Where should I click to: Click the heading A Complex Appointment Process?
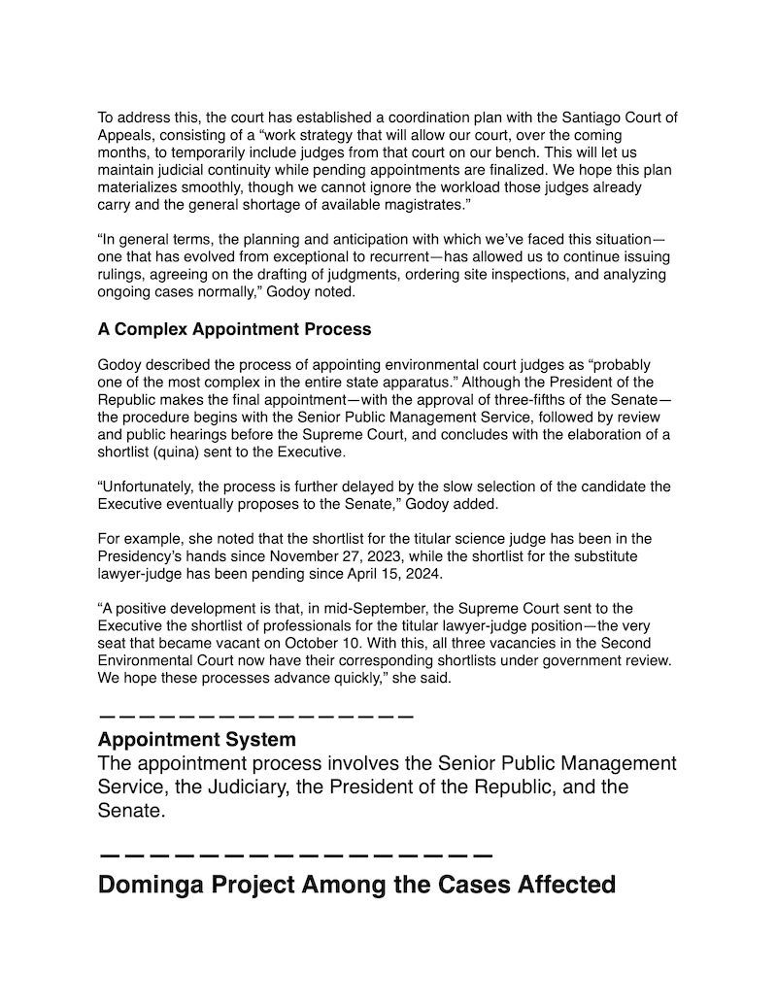(234, 329)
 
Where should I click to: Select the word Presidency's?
(142, 556)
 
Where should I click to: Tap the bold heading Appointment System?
(197, 740)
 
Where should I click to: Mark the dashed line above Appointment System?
(256, 717)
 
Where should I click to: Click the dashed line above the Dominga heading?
(296, 855)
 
